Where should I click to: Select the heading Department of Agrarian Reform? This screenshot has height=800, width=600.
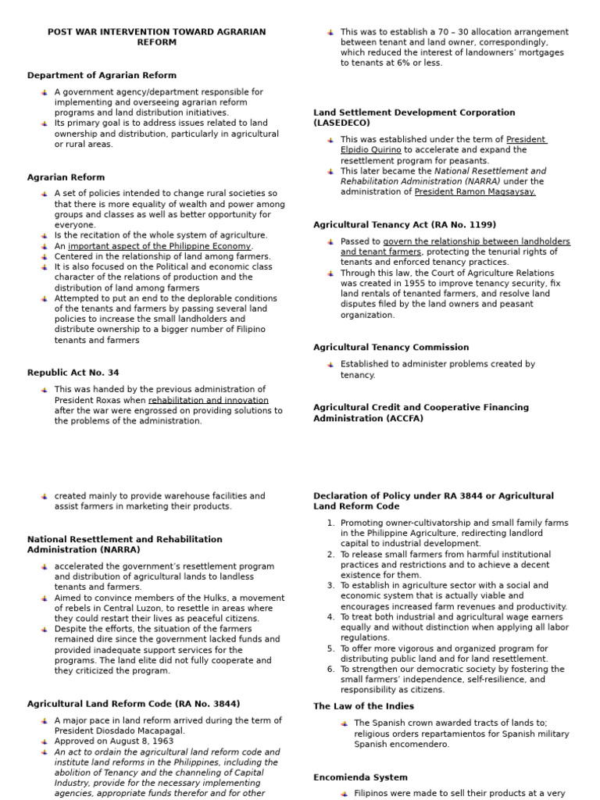coord(102,76)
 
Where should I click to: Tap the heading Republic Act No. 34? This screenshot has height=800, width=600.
coord(73,373)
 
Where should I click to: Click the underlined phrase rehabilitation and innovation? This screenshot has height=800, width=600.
coord(209,400)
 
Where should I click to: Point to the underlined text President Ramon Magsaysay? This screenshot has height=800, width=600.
coord(475,192)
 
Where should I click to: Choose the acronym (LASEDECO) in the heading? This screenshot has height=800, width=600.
coord(342,123)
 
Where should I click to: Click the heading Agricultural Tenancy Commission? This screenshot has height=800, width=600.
coord(391,348)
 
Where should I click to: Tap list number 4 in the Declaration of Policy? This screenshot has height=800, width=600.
coord(331,617)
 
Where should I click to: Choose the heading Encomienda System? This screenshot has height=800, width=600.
coord(360,778)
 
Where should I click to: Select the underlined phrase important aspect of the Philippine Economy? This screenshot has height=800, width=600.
coord(160,246)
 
